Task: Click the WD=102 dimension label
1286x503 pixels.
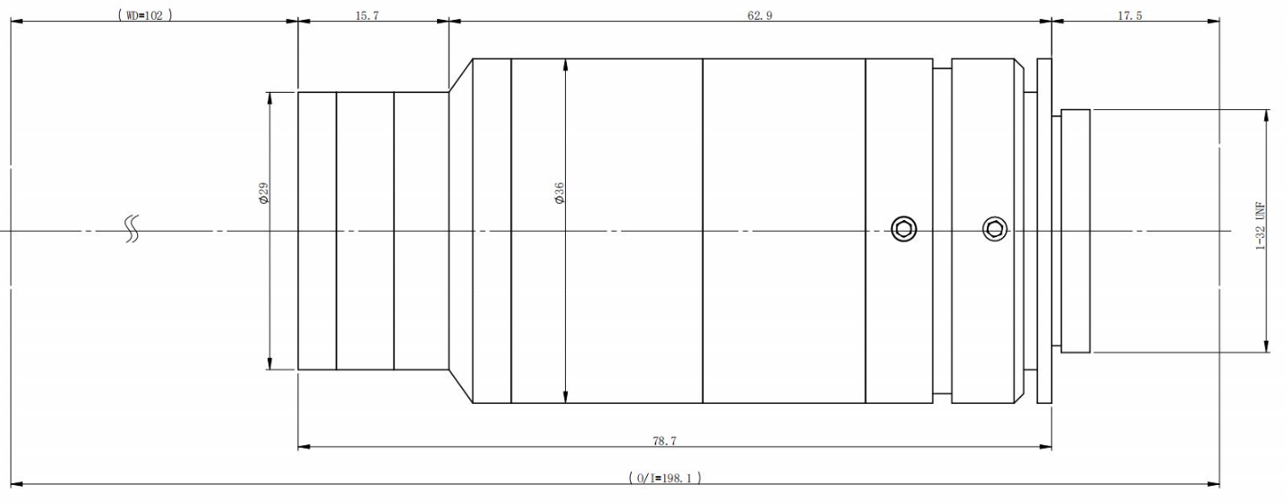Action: click(x=145, y=15)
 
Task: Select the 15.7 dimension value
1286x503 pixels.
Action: click(x=367, y=15)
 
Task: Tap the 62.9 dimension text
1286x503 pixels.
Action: click(x=760, y=15)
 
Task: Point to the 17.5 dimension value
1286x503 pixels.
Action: click(x=1129, y=15)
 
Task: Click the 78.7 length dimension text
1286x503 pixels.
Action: click(x=664, y=441)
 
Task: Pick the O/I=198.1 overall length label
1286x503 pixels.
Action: click(x=664, y=478)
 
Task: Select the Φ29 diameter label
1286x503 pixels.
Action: click(x=263, y=193)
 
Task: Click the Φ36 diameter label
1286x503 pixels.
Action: click(x=559, y=193)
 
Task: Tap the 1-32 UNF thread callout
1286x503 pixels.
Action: click(x=1260, y=225)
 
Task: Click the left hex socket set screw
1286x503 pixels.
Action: click(x=904, y=229)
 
